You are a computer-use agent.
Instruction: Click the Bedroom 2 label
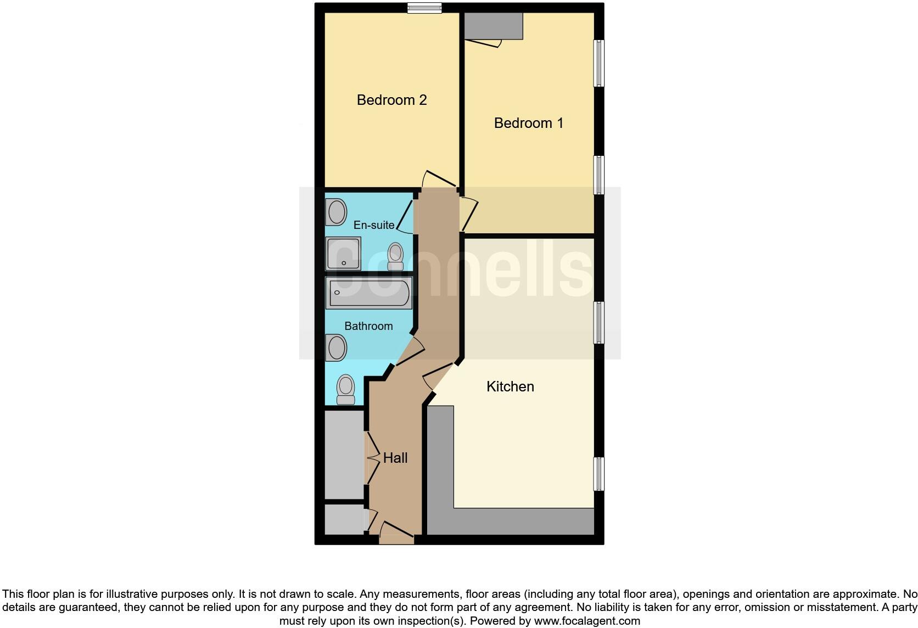coord(391,100)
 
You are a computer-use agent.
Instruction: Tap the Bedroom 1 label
coord(528,123)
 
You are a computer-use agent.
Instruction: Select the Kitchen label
coord(510,386)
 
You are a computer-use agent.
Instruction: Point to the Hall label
coord(395,458)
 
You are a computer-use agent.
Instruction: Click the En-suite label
coord(374,225)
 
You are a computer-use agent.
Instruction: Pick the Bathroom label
coord(368,326)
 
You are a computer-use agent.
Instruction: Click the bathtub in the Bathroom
coord(368,293)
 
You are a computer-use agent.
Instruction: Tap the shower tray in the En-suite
coord(343,254)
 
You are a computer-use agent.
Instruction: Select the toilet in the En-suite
coord(395,256)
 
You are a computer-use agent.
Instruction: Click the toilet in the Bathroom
coord(345,389)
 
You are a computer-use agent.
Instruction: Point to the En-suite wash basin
coord(335,212)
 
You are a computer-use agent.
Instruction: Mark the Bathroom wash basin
coord(336,347)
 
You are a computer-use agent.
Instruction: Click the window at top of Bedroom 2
coord(424,8)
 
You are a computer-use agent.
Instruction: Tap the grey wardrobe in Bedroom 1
coord(493,26)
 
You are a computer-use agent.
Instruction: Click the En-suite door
coord(405,217)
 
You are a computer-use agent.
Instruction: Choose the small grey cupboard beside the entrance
coord(344,519)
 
